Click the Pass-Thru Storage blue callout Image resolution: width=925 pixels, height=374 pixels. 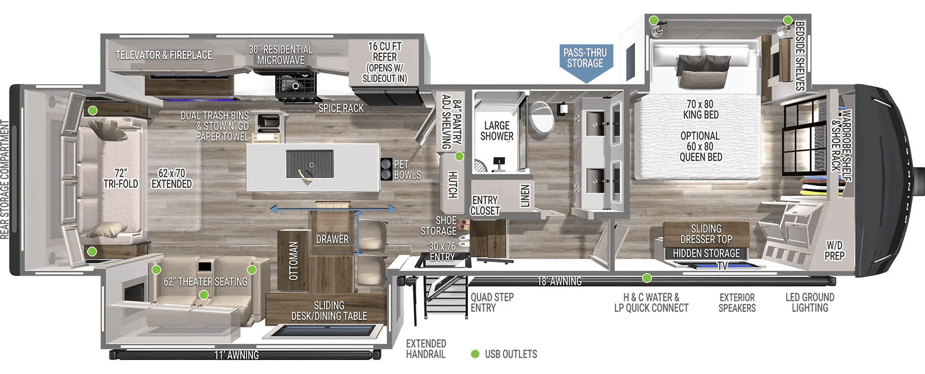585,58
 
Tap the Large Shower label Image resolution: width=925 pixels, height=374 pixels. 497,131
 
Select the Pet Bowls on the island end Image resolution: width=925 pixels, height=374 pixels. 387,169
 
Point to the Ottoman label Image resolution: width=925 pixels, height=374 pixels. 293,261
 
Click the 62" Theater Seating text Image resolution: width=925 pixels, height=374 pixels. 205,281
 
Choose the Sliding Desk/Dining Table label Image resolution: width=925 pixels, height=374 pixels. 329,311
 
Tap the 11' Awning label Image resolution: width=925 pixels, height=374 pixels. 237,355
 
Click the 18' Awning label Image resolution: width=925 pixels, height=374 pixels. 559,281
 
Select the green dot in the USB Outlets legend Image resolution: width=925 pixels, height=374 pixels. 475,354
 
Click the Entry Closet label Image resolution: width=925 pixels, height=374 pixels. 485,205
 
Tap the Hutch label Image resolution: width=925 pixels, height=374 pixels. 452,184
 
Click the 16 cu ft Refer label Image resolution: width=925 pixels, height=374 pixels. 384,62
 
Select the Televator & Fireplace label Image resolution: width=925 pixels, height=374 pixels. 164,55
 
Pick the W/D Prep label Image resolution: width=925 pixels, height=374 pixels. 834,250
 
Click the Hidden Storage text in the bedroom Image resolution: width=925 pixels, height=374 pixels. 706,253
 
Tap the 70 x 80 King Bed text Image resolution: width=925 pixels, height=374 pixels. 700,109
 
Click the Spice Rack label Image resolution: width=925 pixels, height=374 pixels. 341,108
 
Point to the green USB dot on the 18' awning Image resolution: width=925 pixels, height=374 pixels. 647,278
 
